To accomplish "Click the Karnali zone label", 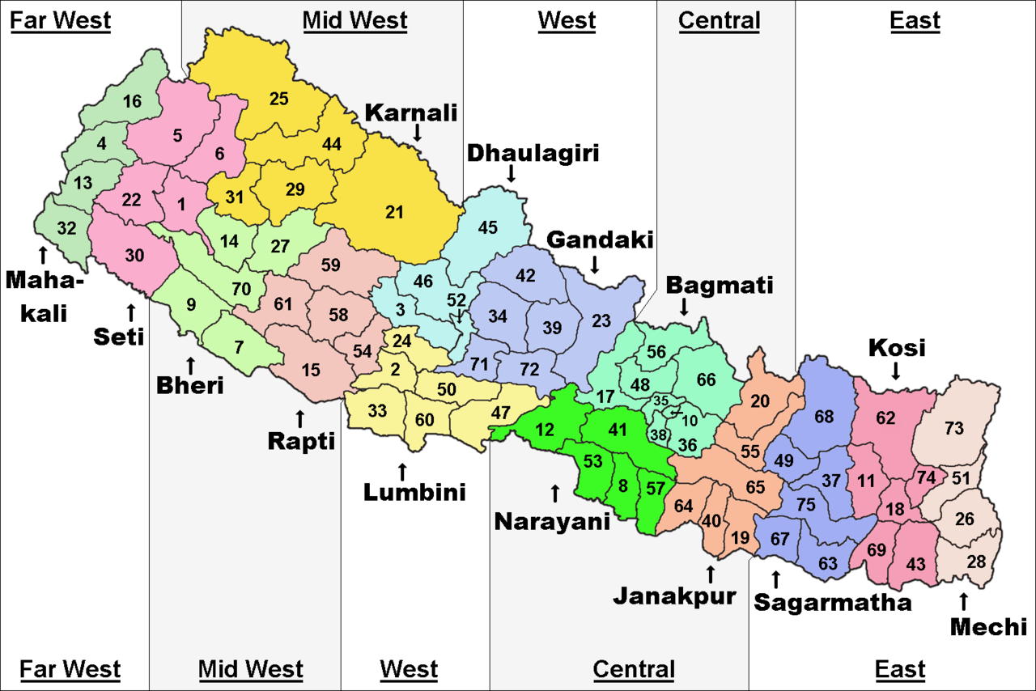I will (411, 112).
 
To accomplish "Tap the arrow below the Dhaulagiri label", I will (512, 172).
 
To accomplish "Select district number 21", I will (394, 213).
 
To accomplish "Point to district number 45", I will (487, 228).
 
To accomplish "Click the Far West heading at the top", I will (60, 21).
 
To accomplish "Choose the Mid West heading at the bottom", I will (251, 670).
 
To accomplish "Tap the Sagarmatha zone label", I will (832, 603).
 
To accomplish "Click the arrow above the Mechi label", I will (963, 601).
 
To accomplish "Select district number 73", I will (955, 429).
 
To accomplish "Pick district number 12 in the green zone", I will (546, 429).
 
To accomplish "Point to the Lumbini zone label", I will (414, 491).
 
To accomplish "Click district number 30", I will (134, 256).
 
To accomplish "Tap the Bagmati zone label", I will (720, 285).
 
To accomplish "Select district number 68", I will (824, 418).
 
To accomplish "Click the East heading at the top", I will (915, 21).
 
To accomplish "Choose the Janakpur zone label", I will (674, 597).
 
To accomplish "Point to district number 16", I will (133, 102).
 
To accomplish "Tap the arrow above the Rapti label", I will (300, 418).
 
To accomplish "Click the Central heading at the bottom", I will (634, 670).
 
